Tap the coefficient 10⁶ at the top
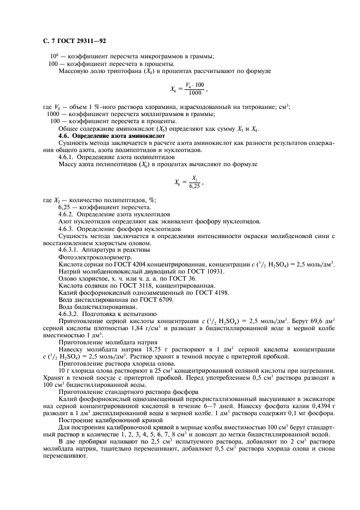pos(54,56)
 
